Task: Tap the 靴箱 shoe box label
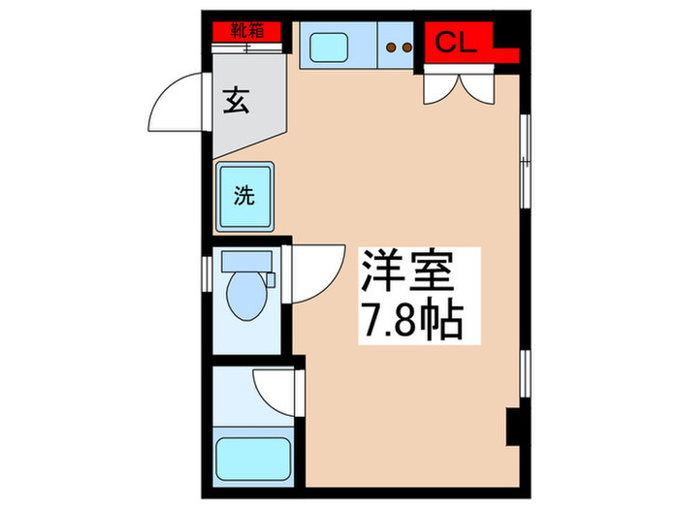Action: coord(247,30)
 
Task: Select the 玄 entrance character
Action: coord(237,100)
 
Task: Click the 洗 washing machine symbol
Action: coord(245,196)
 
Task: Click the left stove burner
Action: coord(392,45)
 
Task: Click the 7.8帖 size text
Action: coord(411,319)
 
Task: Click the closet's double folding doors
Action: coord(459,86)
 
